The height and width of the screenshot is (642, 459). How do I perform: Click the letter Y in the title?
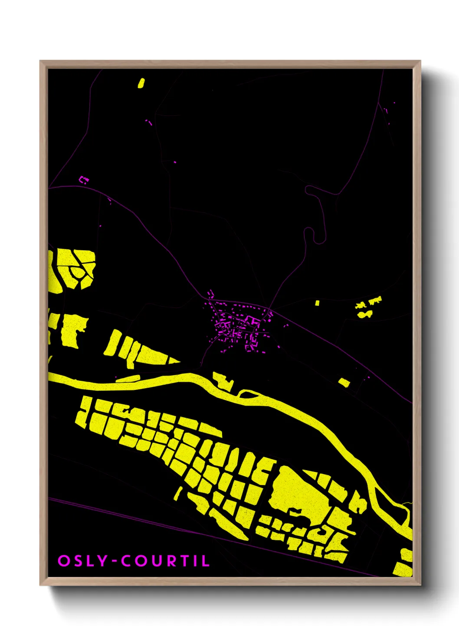(x=102, y=560)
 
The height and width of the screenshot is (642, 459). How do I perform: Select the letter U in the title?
(x=156, y=560)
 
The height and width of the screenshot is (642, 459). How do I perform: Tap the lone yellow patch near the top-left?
(x=141, y=83)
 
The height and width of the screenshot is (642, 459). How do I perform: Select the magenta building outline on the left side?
(x=84, y=179)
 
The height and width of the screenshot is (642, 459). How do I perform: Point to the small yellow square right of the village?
(x=317, y=303)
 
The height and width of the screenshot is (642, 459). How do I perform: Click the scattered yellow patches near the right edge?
(x=368, y=306)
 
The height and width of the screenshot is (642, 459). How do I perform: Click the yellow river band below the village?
(x=174, y=380)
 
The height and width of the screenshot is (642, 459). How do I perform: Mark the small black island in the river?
(x=247, y=394)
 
